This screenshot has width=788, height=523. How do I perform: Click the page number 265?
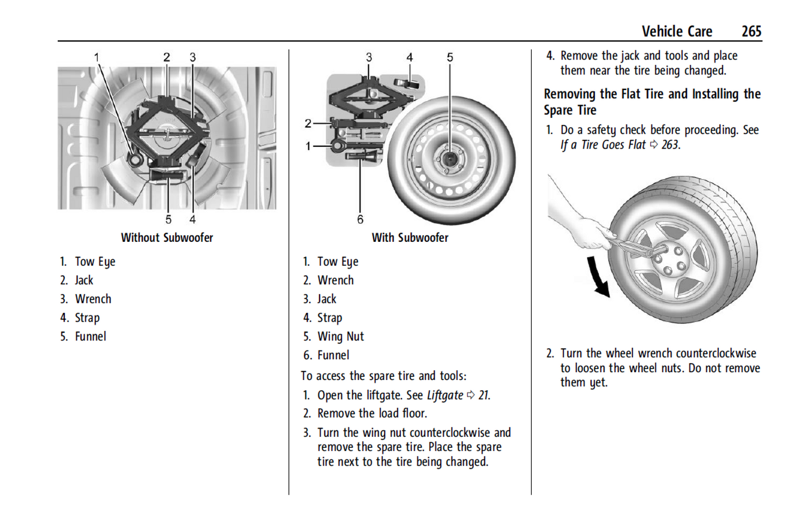751,32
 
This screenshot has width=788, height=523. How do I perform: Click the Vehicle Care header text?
676,32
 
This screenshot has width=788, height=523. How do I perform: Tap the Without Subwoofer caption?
167,238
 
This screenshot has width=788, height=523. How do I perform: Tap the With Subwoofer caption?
410,238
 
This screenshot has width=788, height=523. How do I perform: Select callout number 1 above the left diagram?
97,57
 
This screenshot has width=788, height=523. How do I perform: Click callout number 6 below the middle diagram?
360,219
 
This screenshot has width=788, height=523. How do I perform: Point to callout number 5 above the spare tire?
450,57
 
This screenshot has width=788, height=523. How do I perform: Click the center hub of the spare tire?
450,159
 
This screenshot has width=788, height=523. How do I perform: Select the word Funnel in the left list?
91,337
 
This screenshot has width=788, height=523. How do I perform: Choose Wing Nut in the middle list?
340,337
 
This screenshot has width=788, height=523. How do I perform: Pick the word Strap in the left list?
87,318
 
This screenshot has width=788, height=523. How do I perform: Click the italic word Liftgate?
445,395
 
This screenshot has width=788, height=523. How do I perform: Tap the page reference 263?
670,145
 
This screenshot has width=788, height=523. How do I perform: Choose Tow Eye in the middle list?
338,262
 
